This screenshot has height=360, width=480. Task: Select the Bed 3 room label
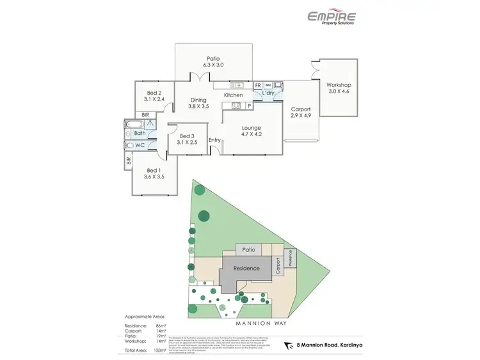click(186, 136)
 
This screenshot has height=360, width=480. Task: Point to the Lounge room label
click(251, 128)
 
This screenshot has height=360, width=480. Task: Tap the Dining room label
click(198, 100)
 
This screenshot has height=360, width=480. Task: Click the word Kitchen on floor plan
click(233, 95)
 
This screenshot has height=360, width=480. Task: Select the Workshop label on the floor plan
click(339, 85)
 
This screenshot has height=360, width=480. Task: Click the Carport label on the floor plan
click(300, 109)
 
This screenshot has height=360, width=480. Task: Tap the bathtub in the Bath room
click(136, 125)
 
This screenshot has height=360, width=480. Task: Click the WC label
click(140, 145)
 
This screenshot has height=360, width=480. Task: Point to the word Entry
click(214, 140)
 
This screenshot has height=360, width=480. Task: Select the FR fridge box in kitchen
click(258, 85)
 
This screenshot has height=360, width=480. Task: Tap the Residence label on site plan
click(246, 268)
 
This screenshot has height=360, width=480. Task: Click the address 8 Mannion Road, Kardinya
click(328, 345)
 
